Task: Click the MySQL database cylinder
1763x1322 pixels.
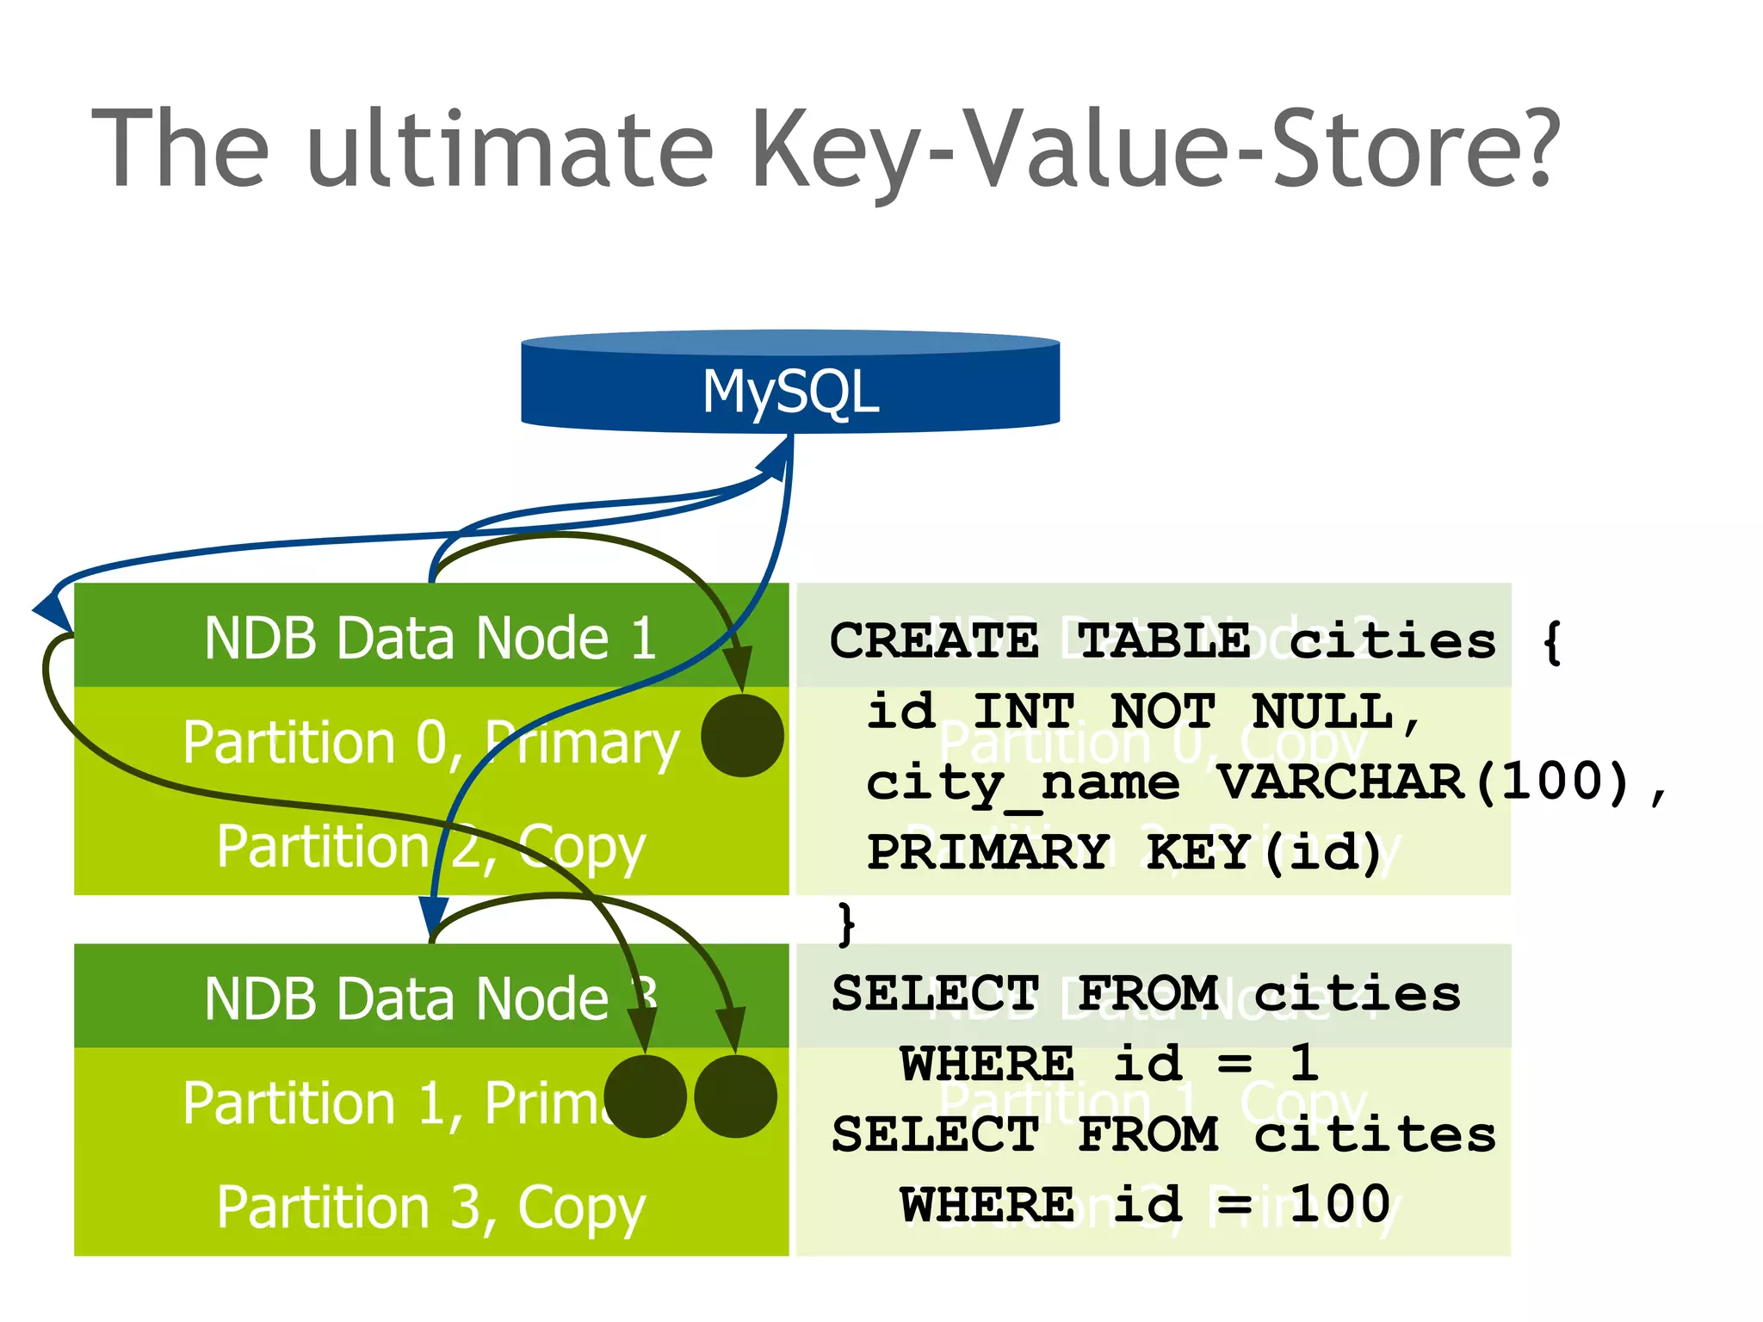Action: click(x=790, y=383)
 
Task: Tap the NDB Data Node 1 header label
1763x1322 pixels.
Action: click(x=430, y=638)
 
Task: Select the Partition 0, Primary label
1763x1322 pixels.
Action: click(x=430, y=742)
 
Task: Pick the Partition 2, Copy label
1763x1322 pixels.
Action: click(x=430, y=847)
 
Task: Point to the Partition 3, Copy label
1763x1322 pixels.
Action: click(x=430, y=1208)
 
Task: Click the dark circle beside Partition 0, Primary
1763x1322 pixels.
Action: click(x=742, y=736)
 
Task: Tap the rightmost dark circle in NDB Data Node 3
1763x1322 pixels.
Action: click(x=735, y=1097)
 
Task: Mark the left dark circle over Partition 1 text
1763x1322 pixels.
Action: click(x=645, y=1097)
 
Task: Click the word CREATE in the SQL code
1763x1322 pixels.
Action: click(x=934, y=642)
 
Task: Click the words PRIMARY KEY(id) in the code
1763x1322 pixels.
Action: click(x=1123, y=853)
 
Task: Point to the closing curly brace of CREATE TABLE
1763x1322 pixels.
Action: click(x=847, y=924)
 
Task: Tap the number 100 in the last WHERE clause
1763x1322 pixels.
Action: click(x=1340, y=1204)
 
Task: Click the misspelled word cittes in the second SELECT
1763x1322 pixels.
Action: click(x=1375, y=1134)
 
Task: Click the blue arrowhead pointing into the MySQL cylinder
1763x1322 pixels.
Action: click(x=777, y=458)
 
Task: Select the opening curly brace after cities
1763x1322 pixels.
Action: click(x=1552, y=642)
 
